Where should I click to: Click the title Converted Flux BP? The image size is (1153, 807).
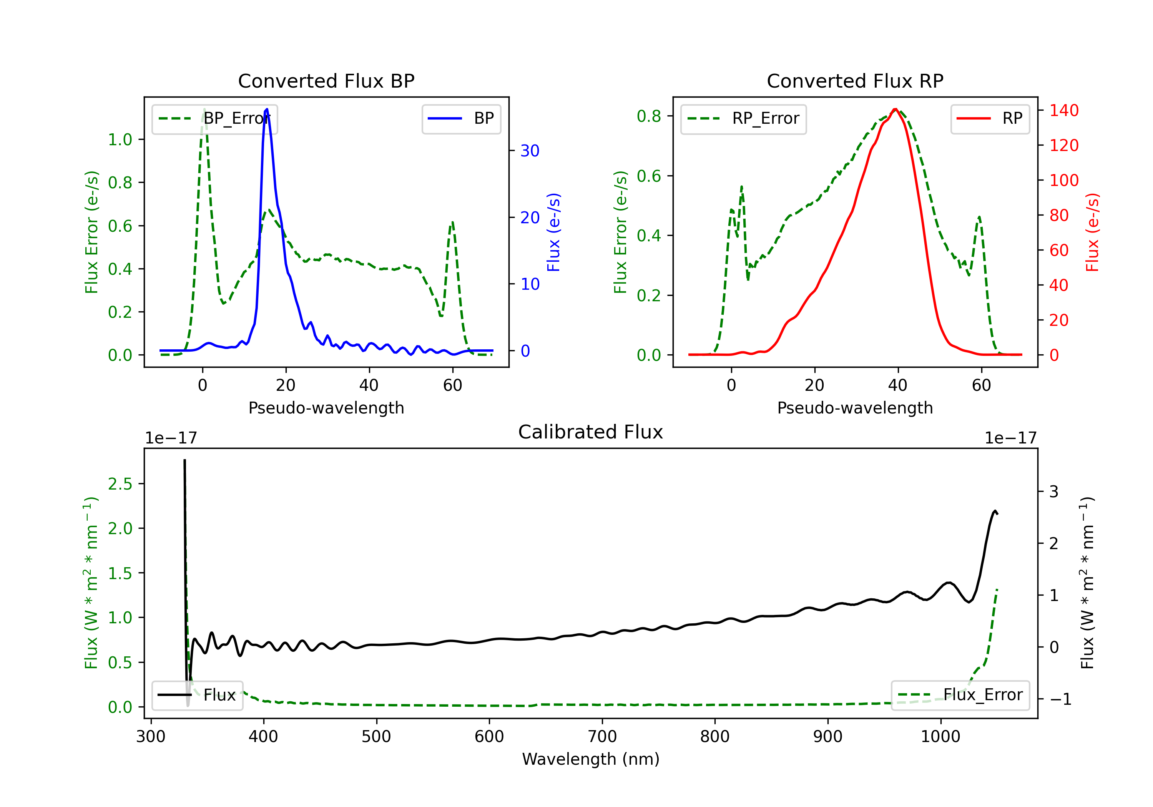click(x=326, y=81)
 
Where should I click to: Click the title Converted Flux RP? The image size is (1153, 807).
click(x=855, y=81)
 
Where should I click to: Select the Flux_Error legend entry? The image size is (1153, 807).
click(x=960, y=695)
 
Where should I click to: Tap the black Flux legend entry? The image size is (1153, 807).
click(x=198, y=695)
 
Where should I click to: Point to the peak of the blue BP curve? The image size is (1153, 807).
click(x=267, y=109)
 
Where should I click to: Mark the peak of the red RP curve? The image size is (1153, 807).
click(x=895, y=109)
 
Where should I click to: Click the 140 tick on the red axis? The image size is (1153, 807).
click(x=1063, y=110)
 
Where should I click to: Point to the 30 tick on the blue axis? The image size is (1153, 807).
click(x=530, y=151)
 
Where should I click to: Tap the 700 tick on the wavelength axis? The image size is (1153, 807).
click(x=602, y=737)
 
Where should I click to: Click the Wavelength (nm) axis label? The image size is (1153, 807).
click(x=591, y=759)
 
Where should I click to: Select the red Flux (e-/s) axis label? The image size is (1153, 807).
click(x=1092, y=232)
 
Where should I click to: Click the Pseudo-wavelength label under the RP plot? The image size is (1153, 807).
click(x=855, y=408)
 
